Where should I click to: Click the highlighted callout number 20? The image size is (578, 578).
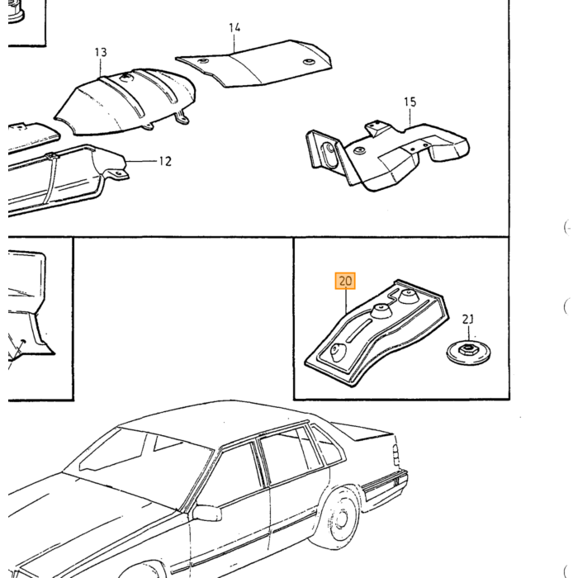345,282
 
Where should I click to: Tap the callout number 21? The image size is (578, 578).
468,319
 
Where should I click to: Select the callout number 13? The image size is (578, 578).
100,52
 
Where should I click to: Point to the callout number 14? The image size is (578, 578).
235,27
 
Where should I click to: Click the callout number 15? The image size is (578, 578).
410,102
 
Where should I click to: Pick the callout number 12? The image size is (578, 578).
165,161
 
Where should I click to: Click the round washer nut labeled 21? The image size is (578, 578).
468,353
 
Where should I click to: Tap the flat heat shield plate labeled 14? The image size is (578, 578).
254,64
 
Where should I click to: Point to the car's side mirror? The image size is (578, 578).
206,513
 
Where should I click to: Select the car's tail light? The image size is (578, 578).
396,455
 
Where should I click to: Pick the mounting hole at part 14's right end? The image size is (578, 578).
308,62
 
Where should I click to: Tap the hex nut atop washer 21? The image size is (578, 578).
467,348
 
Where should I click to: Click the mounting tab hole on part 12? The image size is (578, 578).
118,173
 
